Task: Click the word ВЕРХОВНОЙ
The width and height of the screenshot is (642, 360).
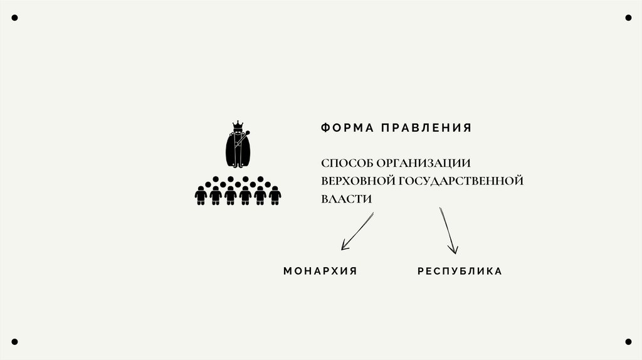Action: click(355, 181)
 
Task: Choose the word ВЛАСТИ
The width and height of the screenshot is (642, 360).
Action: click(347, 199)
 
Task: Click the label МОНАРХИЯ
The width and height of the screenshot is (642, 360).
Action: click(320, 272)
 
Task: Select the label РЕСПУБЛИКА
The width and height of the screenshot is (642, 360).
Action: click(460, 272)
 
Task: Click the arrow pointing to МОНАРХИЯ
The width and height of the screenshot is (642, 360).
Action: click(356, 232)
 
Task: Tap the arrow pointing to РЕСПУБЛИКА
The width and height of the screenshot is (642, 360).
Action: click(449, 230)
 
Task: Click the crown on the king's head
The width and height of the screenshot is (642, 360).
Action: click(238, 125)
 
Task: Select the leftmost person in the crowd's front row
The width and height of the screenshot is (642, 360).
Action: click(201, 196)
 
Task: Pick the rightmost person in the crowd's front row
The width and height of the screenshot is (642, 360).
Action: click(275, 196)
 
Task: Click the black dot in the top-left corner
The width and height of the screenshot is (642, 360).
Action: click(14, 18)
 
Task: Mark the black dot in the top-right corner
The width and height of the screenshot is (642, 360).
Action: click(628, 18)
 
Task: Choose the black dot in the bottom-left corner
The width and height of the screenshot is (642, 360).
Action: click(14, 342)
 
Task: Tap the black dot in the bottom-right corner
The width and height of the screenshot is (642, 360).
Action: click(628, 342)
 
